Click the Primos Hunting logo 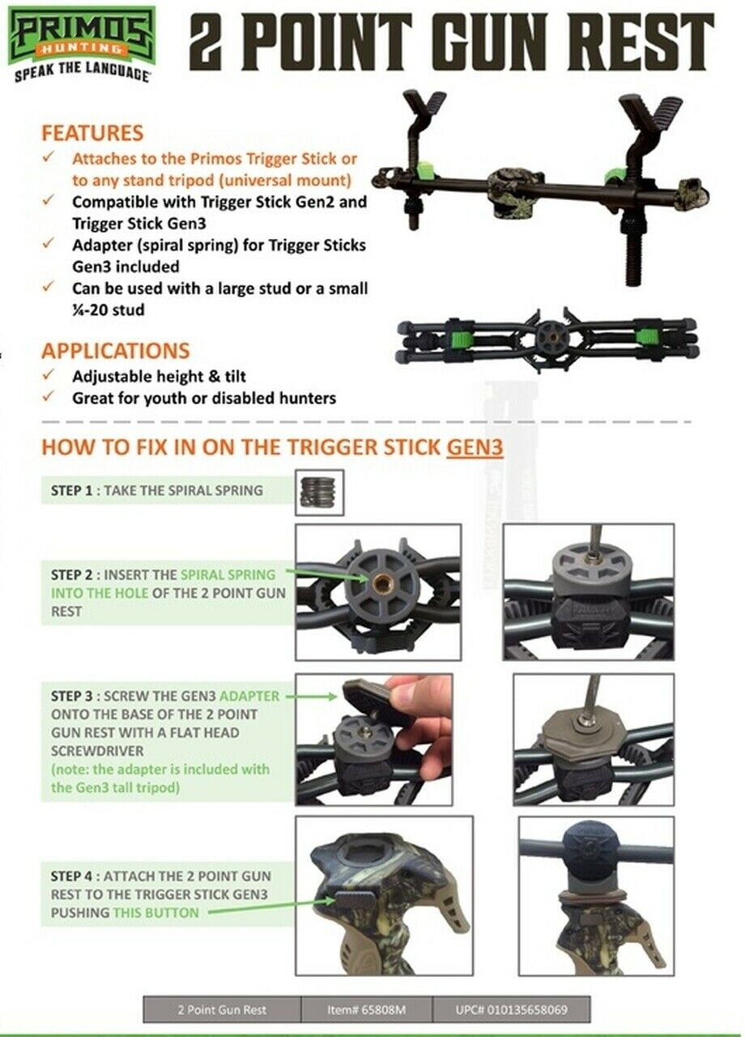click(79, 45)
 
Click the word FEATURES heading click(92, 134)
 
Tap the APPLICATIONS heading click(116, 351)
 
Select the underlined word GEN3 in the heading click(475, 447)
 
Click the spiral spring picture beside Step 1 click(319, 492)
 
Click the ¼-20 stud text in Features click(109, 309)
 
